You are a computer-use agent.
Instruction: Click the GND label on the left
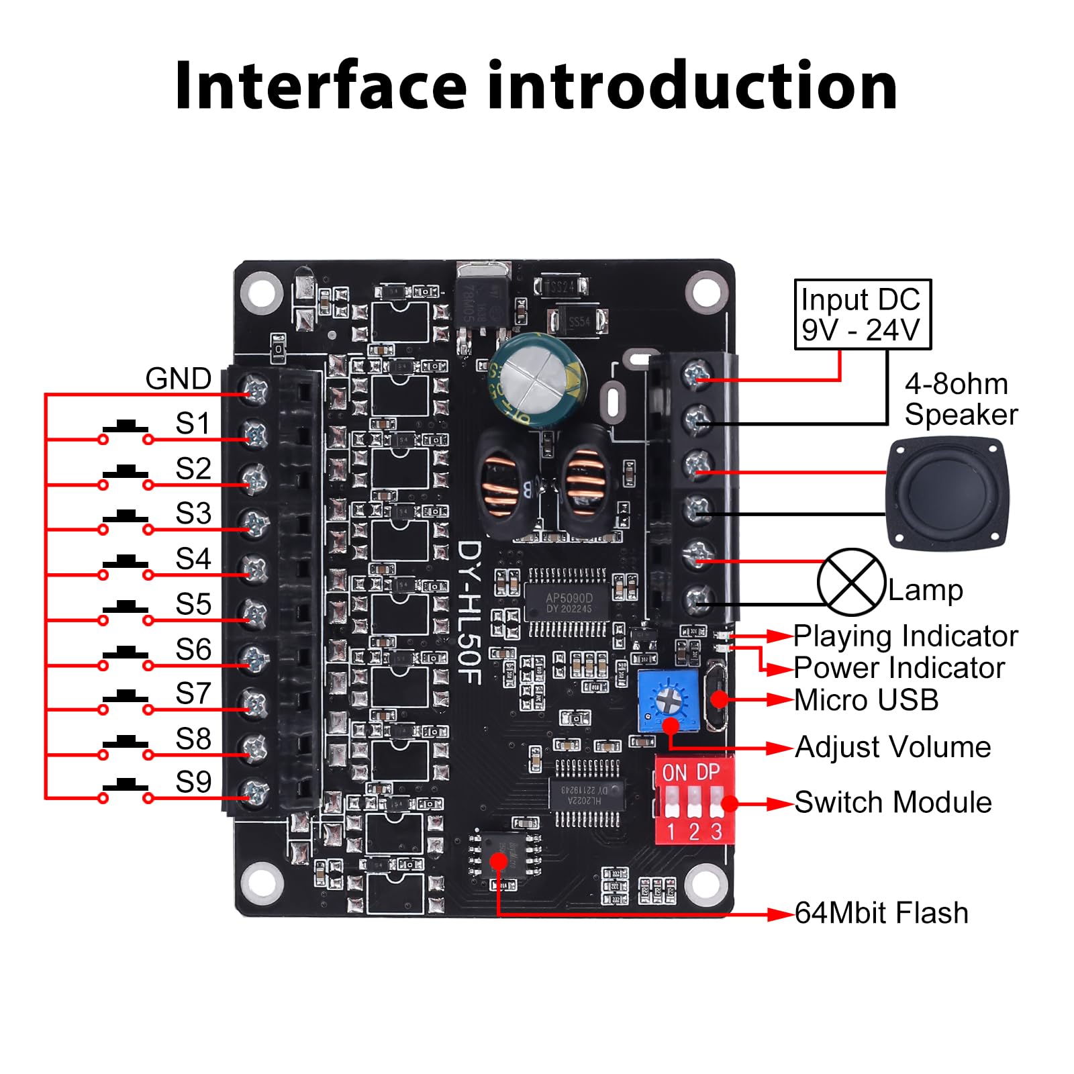point(179,379)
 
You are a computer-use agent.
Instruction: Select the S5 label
point(193,604)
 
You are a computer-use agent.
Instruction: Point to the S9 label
point(193,782)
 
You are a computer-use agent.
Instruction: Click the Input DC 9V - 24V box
point(862,315)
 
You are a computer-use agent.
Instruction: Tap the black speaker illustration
point(944,493)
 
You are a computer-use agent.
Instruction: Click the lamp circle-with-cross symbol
point(850,582)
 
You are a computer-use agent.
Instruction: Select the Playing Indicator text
point(906,636)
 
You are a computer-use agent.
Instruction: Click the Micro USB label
point(867,700)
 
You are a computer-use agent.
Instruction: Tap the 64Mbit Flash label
point(881,914)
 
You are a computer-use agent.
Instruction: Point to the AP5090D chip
point(569,602)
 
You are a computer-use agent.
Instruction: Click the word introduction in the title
point(692,86)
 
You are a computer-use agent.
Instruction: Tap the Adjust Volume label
point(893,747)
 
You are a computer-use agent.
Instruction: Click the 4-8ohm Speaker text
point(960,399)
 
